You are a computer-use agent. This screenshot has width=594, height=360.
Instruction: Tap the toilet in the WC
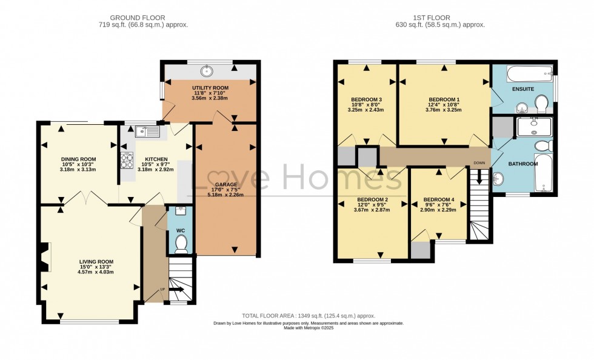181,244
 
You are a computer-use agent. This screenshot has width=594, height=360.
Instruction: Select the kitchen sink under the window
147,130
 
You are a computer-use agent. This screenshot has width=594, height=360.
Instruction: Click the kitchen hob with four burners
128,161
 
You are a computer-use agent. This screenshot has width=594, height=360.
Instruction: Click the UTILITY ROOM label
210,88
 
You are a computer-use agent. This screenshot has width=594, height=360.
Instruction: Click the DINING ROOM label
79,159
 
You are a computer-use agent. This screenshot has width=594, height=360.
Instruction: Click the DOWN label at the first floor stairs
479,163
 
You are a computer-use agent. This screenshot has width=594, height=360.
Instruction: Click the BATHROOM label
522,164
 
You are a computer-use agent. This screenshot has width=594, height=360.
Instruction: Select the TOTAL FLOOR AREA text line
309,316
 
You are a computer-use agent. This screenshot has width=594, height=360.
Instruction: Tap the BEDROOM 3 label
366,100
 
